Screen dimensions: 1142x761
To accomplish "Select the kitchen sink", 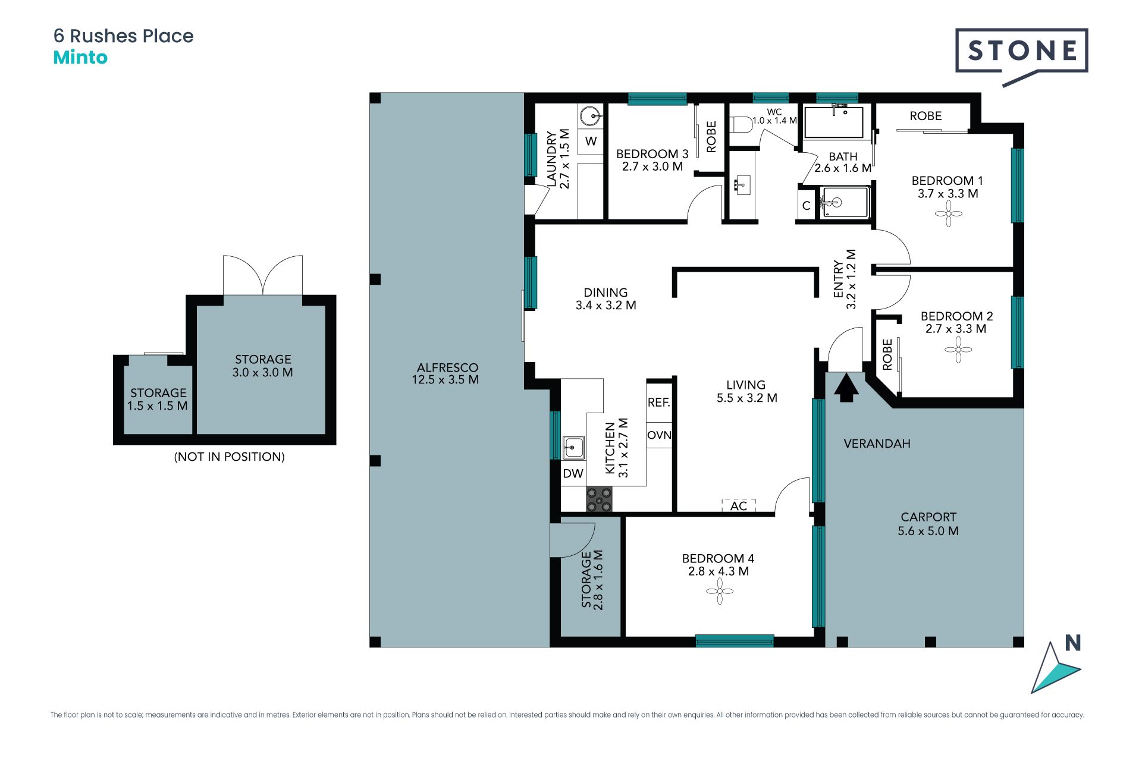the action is tap(573, 447).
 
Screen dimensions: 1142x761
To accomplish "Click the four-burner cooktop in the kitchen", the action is tap(599, 499).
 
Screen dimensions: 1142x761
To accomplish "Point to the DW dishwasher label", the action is tap(573, 474).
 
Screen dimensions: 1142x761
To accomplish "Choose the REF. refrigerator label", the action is tap(659, 402).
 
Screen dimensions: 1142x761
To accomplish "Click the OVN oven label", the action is tap(659, 435).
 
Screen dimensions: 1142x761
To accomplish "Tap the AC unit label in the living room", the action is tap(739, 506).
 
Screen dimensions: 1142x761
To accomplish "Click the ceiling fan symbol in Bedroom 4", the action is tap(720, 591).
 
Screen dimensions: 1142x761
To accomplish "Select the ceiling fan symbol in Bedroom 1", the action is tap(949, 213).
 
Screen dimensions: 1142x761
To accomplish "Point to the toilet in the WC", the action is tap(741, 125).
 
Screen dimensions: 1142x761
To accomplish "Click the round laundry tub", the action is tap(589, 116).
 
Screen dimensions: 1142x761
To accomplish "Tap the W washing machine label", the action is tap(591, 141).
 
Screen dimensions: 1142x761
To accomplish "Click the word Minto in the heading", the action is tap(80, 58).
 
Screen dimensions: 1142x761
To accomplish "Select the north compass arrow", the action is tap(1055, 668).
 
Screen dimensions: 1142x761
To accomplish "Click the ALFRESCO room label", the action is tap(447, 367).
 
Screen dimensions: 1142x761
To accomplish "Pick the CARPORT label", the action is tap(928, 517).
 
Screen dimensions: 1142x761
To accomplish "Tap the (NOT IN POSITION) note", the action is tap(229, 457).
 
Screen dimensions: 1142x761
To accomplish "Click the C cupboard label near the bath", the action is tap(806, 206).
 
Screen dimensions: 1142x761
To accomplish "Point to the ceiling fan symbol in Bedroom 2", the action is tap(958, 350).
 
